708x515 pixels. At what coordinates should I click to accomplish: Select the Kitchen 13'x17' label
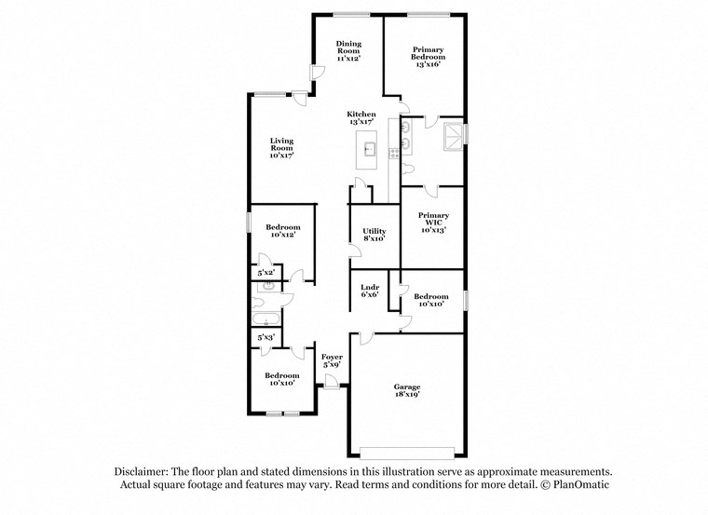361,118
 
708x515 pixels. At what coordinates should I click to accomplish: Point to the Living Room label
281,148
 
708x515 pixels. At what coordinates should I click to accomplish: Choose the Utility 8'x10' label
374,234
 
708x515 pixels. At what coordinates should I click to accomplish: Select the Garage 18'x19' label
406,390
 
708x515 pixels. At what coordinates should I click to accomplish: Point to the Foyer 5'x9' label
332,361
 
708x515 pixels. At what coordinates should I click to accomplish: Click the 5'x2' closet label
265,273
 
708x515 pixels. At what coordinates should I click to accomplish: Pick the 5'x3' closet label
265,337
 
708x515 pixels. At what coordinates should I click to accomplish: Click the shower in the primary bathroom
453,135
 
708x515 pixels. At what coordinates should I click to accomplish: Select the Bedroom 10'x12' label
282,232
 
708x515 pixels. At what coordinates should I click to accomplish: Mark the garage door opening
408,454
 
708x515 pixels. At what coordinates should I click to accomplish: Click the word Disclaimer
146,472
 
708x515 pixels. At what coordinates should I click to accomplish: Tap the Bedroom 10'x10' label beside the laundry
433,300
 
